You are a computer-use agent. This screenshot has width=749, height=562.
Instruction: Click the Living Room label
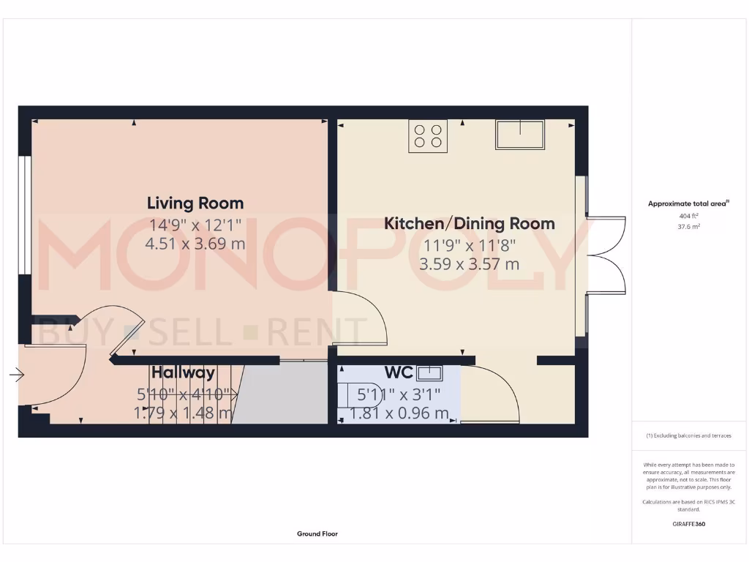click(x=195, y=203)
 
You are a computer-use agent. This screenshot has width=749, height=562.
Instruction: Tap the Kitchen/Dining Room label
click(x=469, y=223)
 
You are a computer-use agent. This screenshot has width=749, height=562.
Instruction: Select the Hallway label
click(x=183, y=372)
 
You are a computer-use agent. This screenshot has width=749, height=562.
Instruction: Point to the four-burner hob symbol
click(x=428, y=136)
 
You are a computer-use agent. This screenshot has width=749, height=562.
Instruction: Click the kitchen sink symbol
click(x=519, y=135)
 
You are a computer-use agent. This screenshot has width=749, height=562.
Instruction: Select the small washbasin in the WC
click(x=429, y=372)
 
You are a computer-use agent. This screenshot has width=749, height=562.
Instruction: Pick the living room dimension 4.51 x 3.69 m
click(x=195, y=244)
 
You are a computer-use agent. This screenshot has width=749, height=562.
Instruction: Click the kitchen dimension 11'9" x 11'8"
click(x=469, y=245)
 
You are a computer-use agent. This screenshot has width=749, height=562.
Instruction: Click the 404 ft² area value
click(x=689, y=216)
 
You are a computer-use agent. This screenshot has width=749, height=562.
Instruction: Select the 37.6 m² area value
click(x=689, y=227)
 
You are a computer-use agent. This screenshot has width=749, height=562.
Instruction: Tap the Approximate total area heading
click(x=688, y=203)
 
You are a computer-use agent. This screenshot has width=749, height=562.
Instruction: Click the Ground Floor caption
click(x=317, y=534)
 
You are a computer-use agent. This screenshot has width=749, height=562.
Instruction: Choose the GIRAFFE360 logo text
click(x=689, y=524)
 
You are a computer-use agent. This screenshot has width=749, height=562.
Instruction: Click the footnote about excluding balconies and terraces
click(x=688, y=435)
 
